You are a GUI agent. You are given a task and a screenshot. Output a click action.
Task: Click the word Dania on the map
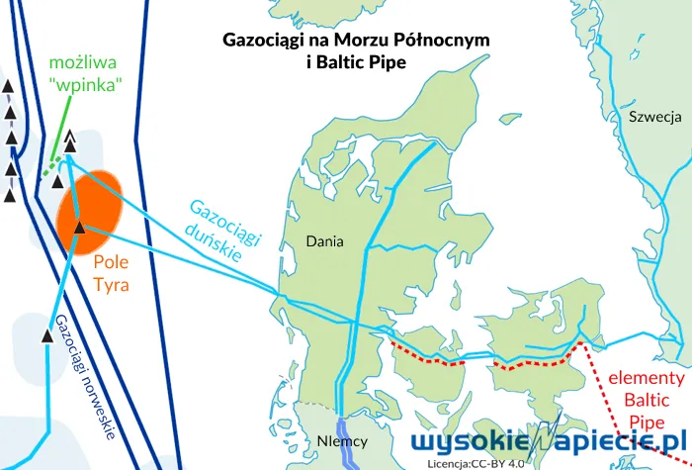pyautogui.click(x=324, y=240)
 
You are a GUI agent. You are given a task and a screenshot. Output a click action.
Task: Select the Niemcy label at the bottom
pyautogui.click(x=344, y=441)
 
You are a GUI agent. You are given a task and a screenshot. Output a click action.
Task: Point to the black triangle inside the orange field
pyautogui.click(x=80, y=229)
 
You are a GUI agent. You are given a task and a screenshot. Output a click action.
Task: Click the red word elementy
pyautogui.click(x=646, y=378)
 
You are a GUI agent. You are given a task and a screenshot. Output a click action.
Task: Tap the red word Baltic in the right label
pyautogui.click(x=647, y=400)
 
